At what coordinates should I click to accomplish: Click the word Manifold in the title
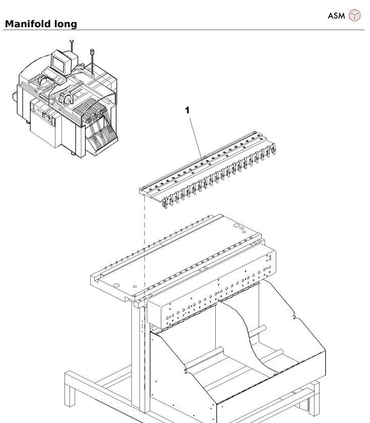(27, 23)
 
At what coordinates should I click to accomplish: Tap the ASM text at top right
(336, 16)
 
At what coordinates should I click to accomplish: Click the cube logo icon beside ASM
(355, 16)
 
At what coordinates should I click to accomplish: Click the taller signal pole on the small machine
(92, 60)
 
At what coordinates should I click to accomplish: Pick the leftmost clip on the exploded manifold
(166, 201)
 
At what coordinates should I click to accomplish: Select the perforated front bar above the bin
(212, 297)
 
